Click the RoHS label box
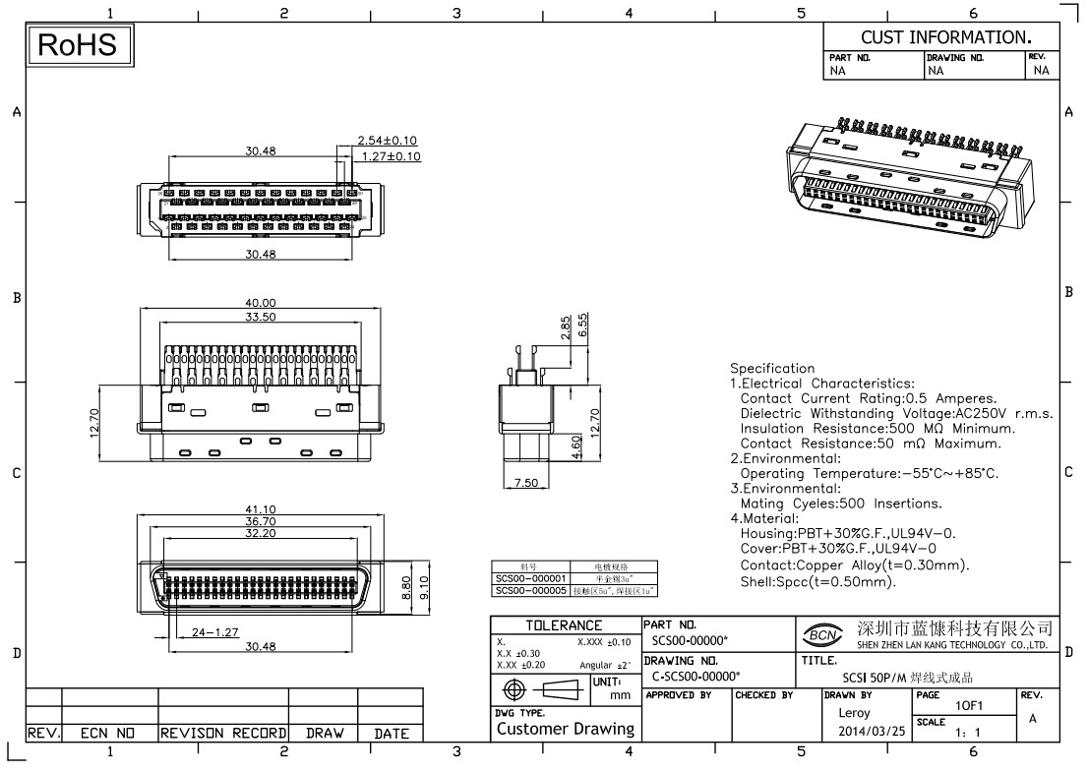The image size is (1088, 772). tap(78, 45)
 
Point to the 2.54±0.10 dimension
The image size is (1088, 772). tap(389, 141)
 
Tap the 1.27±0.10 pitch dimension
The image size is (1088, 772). tap(391, 155)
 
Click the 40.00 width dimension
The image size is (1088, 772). tap(260, 303)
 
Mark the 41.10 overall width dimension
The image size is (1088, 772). tap(260, 509)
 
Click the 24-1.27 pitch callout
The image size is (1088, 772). tap(215, 631)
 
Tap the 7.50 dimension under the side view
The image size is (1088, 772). tap(525, 482)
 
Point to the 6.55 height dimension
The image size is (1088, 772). tap(583, 324)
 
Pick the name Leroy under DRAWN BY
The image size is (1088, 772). tap(853, 712)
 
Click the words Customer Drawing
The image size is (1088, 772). tap(565, 729)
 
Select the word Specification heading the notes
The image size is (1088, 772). tap(772, 369)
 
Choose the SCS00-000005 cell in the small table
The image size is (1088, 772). tap(531, 591)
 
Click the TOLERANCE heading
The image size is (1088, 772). tap(564, 625)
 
